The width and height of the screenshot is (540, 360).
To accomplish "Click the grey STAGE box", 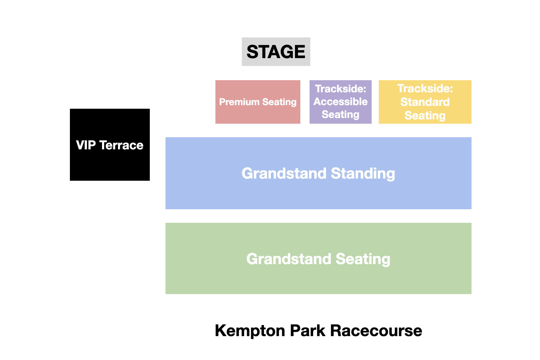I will (276, 52).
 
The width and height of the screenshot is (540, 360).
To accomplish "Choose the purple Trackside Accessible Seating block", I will (340, 102).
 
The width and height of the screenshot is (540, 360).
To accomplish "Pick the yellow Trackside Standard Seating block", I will (425, 102).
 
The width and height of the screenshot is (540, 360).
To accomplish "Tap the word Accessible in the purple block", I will (340, 102).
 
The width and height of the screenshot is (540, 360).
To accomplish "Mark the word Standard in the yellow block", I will (425, 102).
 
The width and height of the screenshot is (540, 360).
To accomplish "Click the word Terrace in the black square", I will (121, 145).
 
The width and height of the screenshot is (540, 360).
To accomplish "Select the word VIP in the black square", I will (86, 145).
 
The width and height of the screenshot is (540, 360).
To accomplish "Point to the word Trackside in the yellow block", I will (425, 88).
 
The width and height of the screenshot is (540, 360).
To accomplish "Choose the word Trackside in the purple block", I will (340, 89).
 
